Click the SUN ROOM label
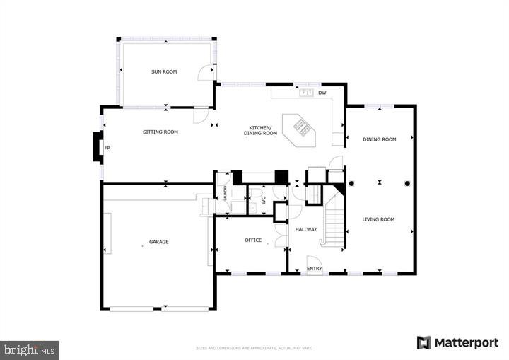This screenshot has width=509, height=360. (163, 71)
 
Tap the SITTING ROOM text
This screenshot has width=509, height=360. (160, 132)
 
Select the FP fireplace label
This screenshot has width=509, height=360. (107, 148)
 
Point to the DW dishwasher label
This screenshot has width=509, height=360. (322, 93)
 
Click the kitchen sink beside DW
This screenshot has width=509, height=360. (307, 93)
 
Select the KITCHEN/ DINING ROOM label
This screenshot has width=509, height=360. (261, 129)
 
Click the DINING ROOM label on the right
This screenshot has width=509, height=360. (380, 139)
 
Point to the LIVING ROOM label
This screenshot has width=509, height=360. (378, 219)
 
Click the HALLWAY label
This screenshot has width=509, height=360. (306, 229)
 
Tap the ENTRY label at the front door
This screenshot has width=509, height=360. (315, 268)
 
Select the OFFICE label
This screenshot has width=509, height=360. (253, 240)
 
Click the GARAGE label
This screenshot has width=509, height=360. (158, 242)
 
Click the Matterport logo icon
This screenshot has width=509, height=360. (423, 343)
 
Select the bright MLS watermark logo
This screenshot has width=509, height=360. (30, 349)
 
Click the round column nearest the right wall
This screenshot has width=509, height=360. (407, 184)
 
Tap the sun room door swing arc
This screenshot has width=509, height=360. (205, 71)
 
